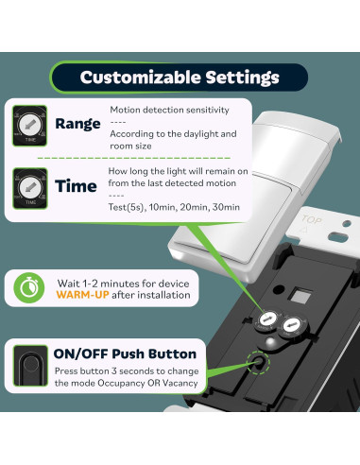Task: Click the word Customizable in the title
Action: point(139,77)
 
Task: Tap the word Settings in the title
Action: point(239,77)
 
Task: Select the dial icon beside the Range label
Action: point(27,125)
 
